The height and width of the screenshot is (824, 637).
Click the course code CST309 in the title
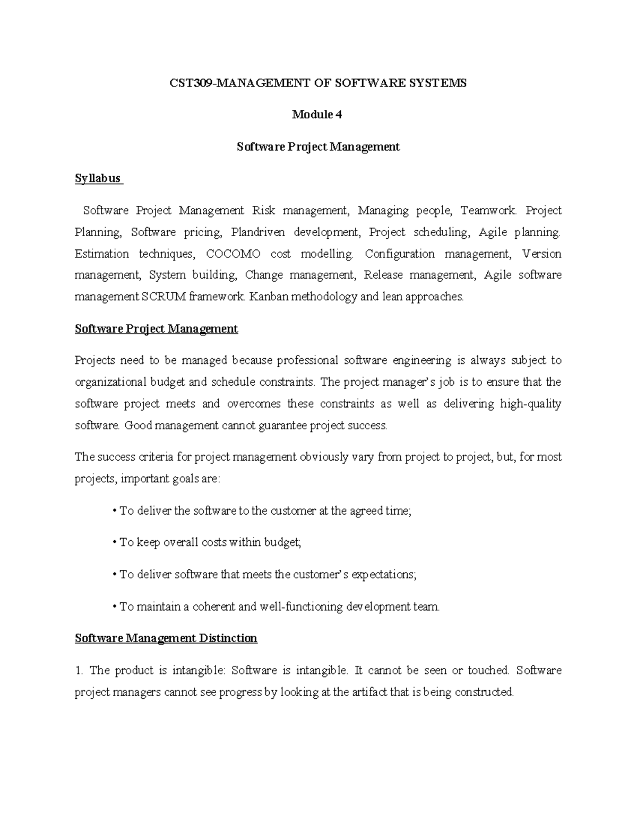coord(190,83)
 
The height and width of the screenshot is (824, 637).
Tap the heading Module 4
coord(317,115)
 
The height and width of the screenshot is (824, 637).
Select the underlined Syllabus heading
coord(98,178)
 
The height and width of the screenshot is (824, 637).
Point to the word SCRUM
coord(164,297)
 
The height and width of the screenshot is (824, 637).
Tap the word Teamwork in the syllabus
coord(487,211)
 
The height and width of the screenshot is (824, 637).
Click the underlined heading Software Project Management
coord(156,329)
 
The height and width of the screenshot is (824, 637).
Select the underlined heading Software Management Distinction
coord(166,638)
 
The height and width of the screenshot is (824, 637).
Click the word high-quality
coord(530,404)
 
